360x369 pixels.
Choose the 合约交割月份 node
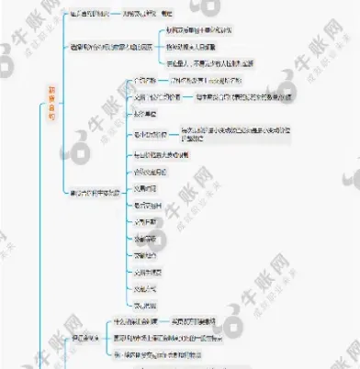coord(152,172)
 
